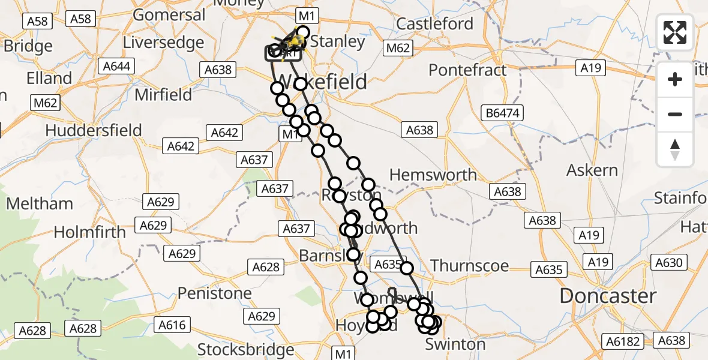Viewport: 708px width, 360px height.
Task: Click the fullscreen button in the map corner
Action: click(x=675, y=32)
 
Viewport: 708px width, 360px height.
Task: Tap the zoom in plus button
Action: click(x=675, y=79)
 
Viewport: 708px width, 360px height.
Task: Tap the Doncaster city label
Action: click(x=608, y=296)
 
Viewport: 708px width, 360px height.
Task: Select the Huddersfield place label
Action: click(x=94, y=130)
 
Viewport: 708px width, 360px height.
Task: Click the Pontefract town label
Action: click(x=468, y=70)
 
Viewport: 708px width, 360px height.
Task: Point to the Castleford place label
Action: click(x=435, y=24)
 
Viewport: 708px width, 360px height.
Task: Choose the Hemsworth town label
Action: click(x=433, y=175)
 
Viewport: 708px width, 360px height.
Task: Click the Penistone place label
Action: click(x=215, y=293)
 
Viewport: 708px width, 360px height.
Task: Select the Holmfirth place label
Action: click(x=90, y=232)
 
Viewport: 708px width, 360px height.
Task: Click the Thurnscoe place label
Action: click(x=469, y=265)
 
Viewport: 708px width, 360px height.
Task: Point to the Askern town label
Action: click(x=592, y=170)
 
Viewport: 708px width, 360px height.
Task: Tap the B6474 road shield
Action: click(x=503, y=112)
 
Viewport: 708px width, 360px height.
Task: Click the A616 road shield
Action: click(x=172, y=325)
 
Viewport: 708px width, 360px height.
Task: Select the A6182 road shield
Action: click(x=623, y=341)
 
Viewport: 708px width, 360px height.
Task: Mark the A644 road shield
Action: click(x=117, y=66)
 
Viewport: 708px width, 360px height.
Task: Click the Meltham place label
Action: click(x=40, y=203)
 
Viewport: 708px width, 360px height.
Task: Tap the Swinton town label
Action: click(x=455, y=344)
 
